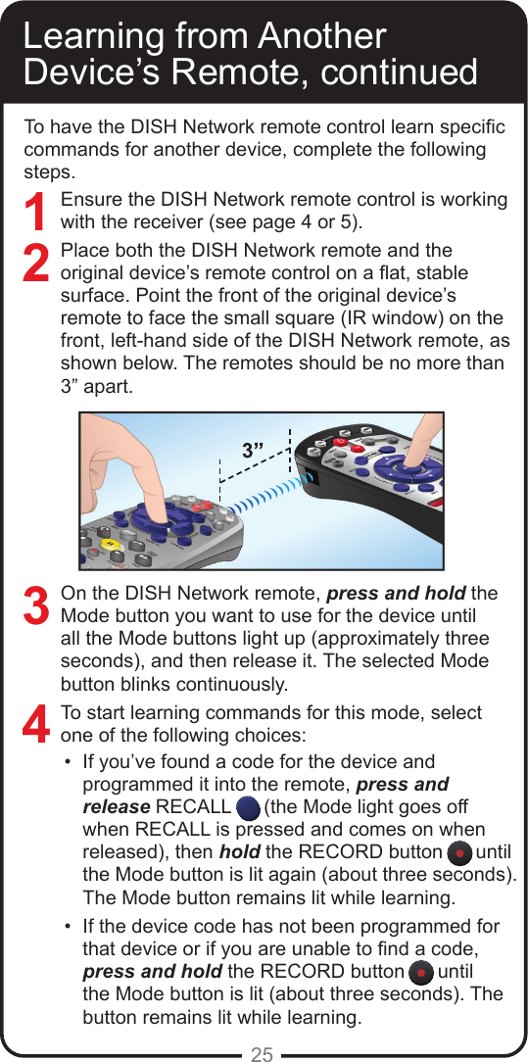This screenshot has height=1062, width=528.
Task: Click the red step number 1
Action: tap(37, 214)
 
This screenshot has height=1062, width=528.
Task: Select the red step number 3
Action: tap(37, 605)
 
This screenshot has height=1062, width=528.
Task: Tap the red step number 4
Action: tap(37, 725)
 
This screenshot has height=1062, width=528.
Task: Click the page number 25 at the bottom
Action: tap(263, 1054)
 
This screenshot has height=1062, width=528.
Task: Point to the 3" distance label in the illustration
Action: tap(254, 450)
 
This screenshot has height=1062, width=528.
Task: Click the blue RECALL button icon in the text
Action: tap(249, 807)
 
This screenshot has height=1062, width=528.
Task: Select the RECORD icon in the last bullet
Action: tap(418, 973)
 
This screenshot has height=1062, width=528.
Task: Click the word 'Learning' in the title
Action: tap(91, 36)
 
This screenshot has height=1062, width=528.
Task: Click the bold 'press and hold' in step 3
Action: tap(396, 594)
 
